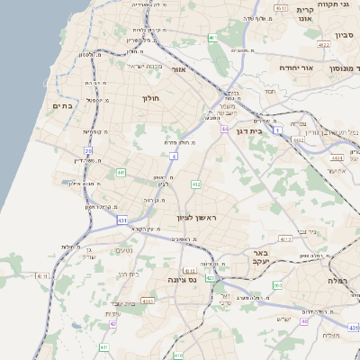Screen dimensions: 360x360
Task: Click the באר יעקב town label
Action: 262,258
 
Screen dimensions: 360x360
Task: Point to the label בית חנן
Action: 130,274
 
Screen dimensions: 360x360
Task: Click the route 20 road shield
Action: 88,151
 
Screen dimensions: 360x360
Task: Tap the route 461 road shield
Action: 211,37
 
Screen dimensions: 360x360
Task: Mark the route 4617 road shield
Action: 281,8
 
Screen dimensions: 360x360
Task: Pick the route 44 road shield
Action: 223,129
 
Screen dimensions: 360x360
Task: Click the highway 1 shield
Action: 278,130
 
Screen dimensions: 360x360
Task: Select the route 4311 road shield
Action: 284,239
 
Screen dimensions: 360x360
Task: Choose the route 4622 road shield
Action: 323,43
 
